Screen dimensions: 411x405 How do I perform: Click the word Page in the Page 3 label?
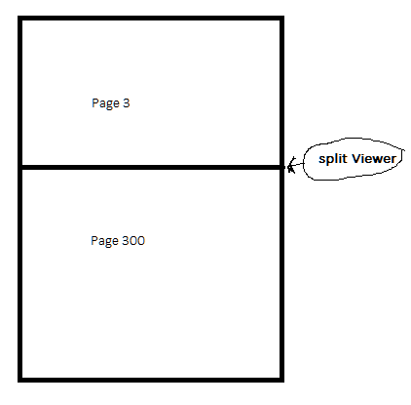105,103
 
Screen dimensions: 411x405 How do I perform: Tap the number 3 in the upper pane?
127,102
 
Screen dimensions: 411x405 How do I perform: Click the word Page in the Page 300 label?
104,241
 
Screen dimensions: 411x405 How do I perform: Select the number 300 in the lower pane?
133,240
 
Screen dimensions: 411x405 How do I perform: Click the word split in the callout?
333,159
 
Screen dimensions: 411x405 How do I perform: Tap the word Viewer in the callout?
374,158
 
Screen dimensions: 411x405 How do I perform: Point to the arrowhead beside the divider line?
291,166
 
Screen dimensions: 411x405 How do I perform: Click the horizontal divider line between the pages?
151,167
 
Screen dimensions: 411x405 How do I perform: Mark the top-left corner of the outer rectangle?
19,18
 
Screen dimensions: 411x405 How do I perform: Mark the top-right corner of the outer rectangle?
282,18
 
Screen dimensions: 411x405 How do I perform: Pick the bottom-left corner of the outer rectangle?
19,380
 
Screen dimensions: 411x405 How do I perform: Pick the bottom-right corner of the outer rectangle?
282,380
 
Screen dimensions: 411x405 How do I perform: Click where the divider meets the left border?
19,167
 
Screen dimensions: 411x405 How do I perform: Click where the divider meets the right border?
282,167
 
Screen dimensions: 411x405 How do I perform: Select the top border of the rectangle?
151,18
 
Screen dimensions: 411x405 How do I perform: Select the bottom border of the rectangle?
151,380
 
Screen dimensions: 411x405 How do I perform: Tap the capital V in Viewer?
356,158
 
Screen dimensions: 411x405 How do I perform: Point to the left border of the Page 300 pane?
19,273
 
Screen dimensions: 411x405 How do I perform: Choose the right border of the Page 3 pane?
282,93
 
